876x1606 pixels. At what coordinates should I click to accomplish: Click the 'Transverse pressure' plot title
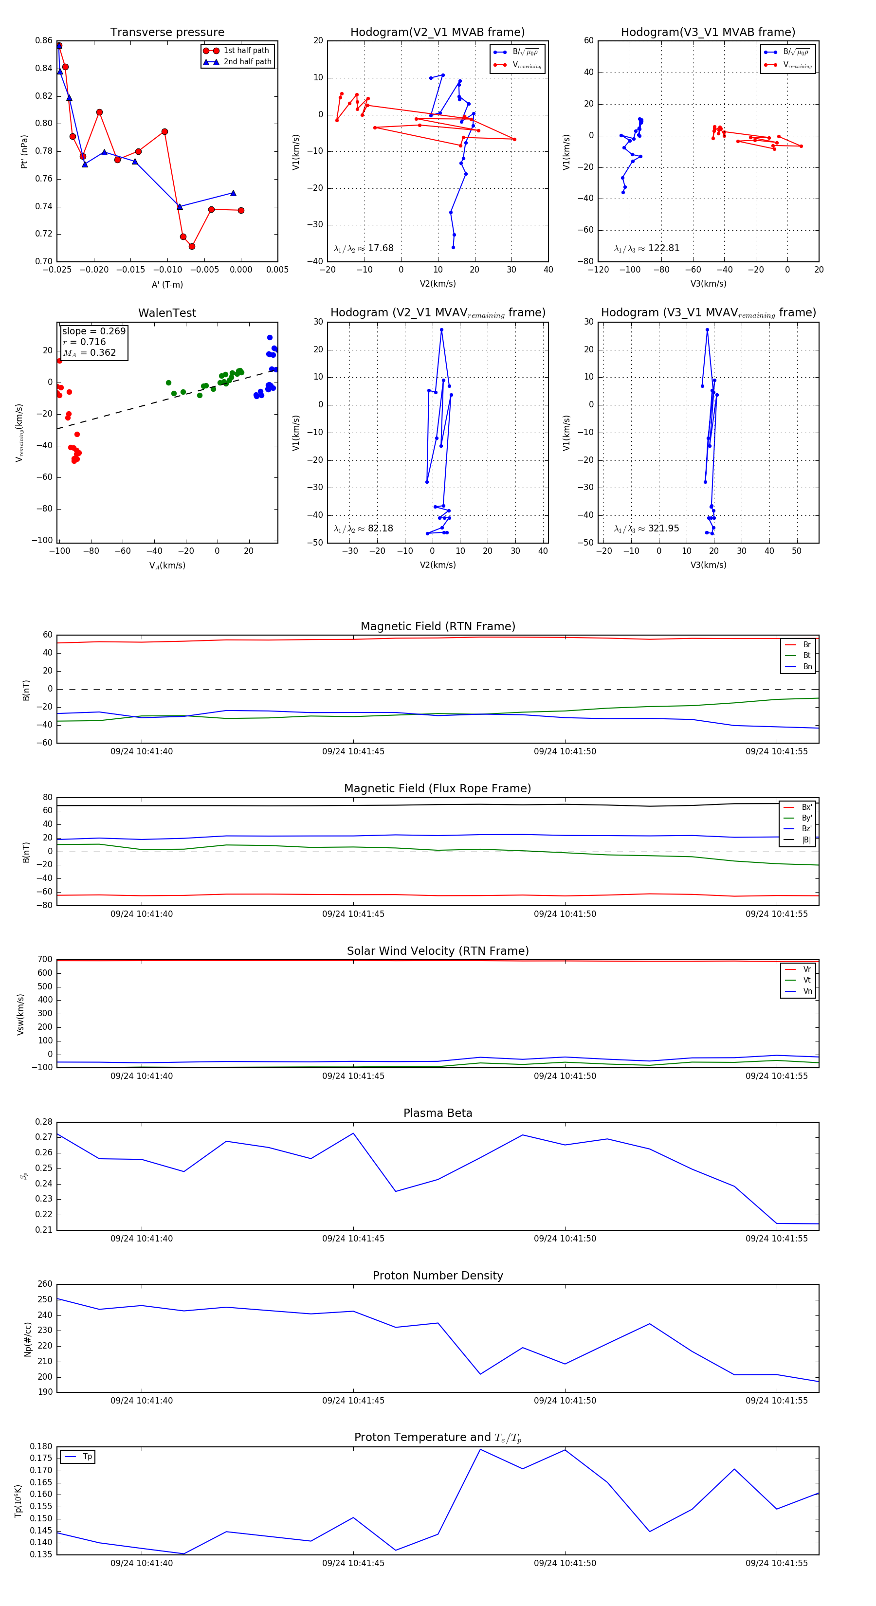167,33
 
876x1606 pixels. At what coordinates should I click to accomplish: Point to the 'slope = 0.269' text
93,331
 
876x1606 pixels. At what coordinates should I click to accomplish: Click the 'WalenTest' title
167,313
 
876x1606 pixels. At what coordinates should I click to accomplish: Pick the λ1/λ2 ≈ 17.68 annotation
364,248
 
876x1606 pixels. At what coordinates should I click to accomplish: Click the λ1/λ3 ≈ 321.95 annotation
647,529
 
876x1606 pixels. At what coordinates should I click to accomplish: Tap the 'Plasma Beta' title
438,1113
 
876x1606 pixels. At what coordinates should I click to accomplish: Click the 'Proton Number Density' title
438,1276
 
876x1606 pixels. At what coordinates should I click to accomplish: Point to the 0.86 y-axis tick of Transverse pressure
44,40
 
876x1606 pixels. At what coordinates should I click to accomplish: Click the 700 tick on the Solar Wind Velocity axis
45,960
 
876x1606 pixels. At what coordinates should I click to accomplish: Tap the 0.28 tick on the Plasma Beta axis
44,1122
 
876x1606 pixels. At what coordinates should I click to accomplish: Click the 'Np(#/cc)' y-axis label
27,1339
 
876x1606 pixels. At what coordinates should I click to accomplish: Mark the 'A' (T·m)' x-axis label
167,284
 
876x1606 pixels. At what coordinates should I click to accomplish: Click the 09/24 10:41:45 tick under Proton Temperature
353,1563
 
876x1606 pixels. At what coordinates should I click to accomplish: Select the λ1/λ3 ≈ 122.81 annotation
647,248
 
